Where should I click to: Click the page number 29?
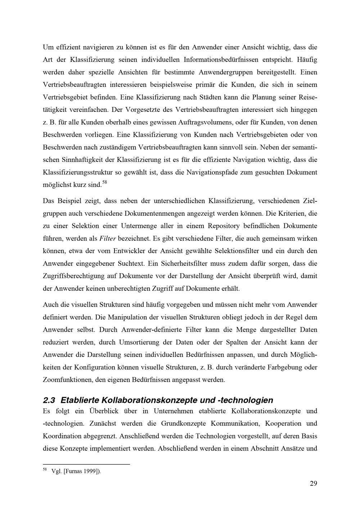[313, 483]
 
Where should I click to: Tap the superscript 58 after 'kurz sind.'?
[105, 183]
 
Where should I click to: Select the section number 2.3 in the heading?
[50, 400]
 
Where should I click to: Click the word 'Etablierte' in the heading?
[80, 400]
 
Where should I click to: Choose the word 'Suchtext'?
[131, 264]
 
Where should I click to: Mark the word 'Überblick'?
[105, 411]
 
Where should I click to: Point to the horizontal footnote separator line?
[86, 464]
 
